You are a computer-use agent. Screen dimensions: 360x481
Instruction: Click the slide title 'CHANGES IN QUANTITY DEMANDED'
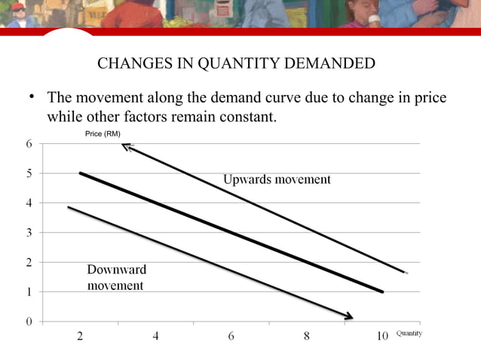(236, 63)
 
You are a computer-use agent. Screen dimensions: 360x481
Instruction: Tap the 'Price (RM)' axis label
(103, 134)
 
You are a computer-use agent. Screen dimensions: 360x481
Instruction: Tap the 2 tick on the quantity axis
(80, 337)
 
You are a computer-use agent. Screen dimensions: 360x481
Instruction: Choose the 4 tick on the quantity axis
(155, 337)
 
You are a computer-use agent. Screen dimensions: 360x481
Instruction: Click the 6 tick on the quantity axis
(231, 337)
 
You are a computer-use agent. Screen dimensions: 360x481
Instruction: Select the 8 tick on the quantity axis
(307, 337)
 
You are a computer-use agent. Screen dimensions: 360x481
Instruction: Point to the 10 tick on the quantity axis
(382, 337)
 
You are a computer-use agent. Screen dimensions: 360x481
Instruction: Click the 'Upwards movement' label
(277, 179)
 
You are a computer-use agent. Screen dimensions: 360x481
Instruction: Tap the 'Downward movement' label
(116, 277)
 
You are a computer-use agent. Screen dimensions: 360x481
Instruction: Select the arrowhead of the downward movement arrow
(350, 316)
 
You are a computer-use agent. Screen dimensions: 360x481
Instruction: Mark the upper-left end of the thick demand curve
(81, 173)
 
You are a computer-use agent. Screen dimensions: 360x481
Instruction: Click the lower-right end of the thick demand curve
(382, 291)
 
